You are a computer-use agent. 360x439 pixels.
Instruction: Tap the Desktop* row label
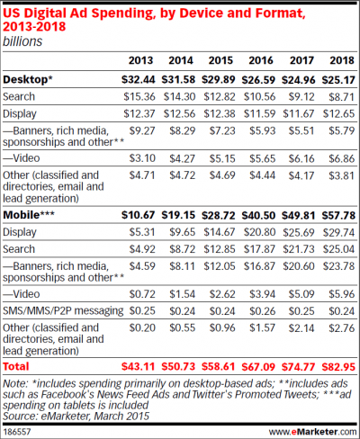29,80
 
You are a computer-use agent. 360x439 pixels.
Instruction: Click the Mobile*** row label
31,217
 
